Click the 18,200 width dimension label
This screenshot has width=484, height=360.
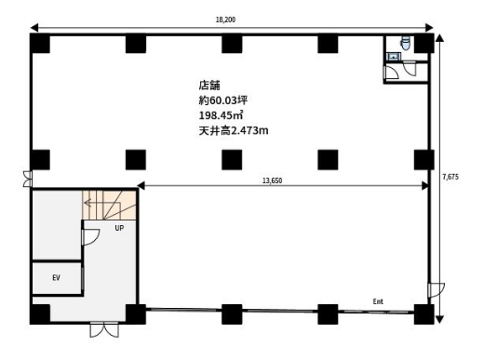coord(225,20)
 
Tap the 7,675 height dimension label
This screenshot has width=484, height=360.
coord(450,177)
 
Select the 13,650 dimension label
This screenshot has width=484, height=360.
coord(272,180)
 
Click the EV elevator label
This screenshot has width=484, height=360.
coord(56,278)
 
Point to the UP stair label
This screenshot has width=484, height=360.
coord(119,228)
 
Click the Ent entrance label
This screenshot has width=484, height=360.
coord(378,301)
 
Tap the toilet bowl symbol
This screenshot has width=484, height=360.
coord(406,43)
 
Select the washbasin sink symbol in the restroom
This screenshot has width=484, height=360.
coord(394,57)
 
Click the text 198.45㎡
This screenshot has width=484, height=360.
coord(221,115)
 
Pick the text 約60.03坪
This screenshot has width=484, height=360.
coord(223,100)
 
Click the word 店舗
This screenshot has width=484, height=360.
coord(209,86)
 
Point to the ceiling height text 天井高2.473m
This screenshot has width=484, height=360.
coord(234,130)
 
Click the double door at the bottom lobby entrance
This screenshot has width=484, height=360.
coord(104,330)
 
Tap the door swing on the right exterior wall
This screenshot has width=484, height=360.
coord(437,290)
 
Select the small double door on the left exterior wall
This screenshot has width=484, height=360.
coord(28,179)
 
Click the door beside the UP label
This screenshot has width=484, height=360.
coord(90,237)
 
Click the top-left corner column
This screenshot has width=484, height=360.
coord(40,43)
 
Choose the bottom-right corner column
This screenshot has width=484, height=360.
coord(423,314)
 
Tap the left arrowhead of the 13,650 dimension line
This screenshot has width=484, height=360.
coord(141,186)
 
